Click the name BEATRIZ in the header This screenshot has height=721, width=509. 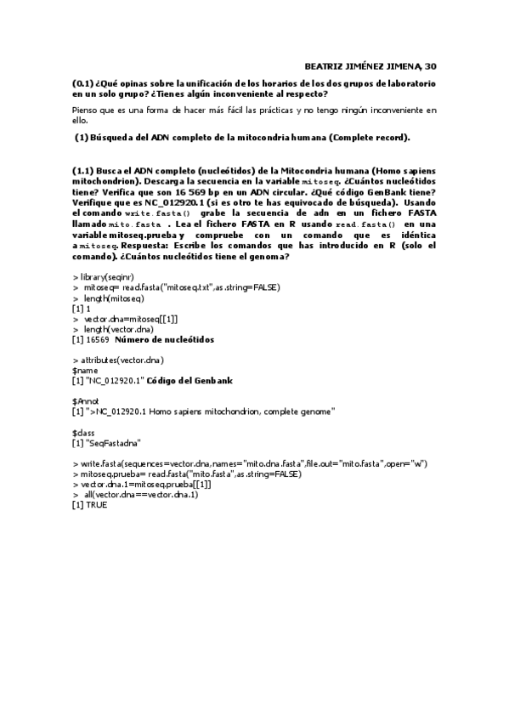coord(323,65)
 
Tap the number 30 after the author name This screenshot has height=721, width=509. coord(430,65)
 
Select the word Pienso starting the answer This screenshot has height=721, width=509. coord(87,111)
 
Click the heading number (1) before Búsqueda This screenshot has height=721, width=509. coord(82,137)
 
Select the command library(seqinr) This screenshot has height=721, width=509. coord(106,277)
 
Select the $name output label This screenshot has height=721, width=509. coord(85,371)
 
